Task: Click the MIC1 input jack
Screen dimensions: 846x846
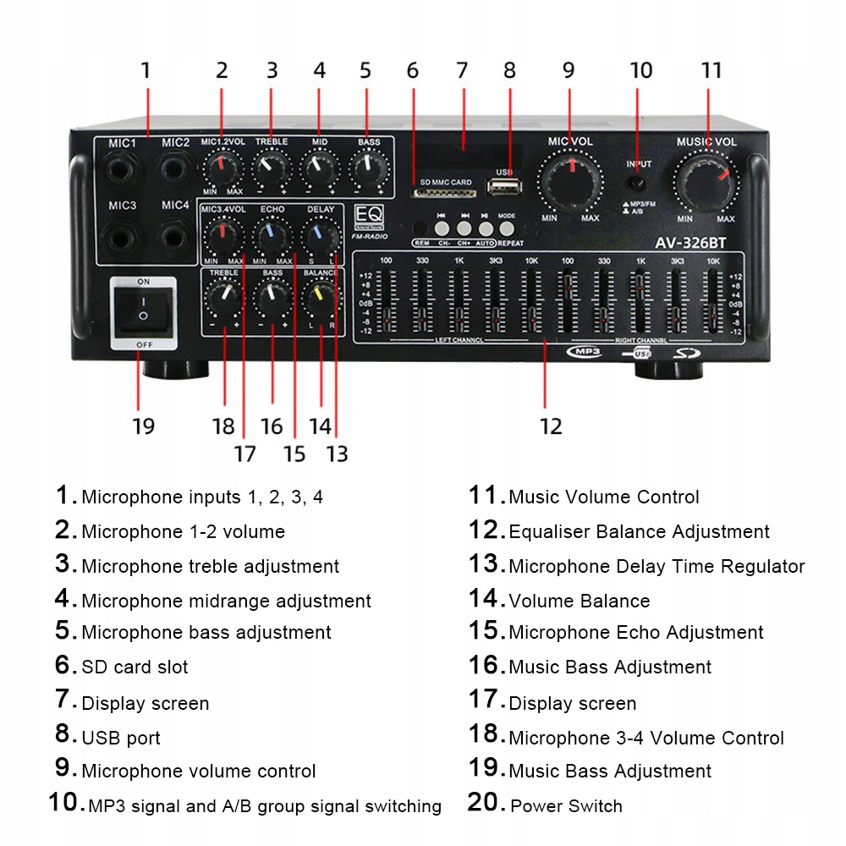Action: (123, 168)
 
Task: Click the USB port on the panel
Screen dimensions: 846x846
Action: (505, 187)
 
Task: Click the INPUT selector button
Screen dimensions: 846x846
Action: (639, 182)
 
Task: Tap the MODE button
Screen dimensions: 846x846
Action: (506, 228)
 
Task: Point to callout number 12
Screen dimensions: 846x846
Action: (550, 426)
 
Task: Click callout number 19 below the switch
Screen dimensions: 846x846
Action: (143, 426)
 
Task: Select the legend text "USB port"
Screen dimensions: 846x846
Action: (121, 738)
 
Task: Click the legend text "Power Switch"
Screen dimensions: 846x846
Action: (566, 806)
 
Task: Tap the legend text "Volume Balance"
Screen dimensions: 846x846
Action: (580, 602)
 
